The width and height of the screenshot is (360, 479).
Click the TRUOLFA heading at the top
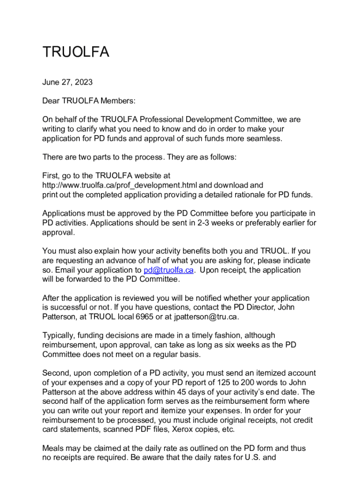pyautogui.click(x=76, y=52)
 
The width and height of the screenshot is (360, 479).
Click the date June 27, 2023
pyautogui.click(x=67, y=82)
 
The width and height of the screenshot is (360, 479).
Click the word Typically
pyautogui.click(x=59, y=335)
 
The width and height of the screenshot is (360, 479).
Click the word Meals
pyautogui.click(x=54, y=448)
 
